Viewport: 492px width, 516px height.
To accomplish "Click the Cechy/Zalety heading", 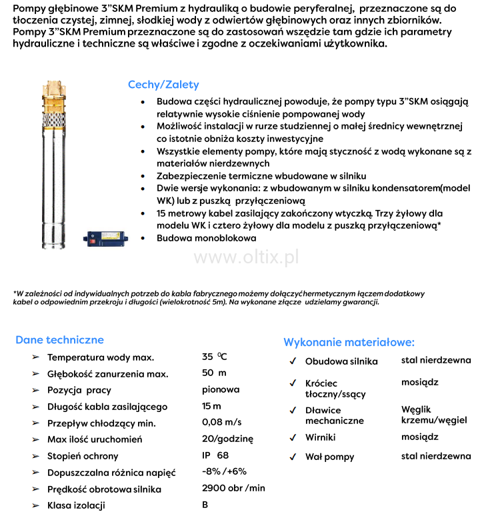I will [x=163, y=85].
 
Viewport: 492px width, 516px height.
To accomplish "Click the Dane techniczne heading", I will [x=59, y=339].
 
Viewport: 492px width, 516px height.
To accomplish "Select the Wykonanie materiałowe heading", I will [x=349, y=342].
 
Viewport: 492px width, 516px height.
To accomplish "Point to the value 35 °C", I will [x=214, y=357].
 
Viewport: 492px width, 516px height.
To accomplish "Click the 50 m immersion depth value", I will [x=214, y=373].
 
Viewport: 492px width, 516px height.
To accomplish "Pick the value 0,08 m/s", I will [x=221, y=422].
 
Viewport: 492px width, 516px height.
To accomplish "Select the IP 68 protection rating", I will [x=215, y=455].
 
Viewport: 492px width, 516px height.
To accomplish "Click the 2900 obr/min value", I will [x=233, y=488].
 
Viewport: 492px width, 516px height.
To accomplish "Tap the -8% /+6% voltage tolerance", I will [x=224, y=471].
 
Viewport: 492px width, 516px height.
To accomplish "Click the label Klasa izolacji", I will [x=76, y=505].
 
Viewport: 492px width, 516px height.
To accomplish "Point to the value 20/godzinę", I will [x=227, y=439].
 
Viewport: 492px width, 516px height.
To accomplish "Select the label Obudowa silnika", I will [x=341, y=361].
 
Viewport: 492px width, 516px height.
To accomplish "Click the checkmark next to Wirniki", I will [x=293, y=437].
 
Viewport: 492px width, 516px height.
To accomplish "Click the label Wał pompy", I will [x=329, y=457].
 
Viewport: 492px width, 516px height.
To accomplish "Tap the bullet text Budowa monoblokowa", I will [x=207, y=238].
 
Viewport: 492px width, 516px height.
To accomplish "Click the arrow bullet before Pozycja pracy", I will [x=35, y=390].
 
